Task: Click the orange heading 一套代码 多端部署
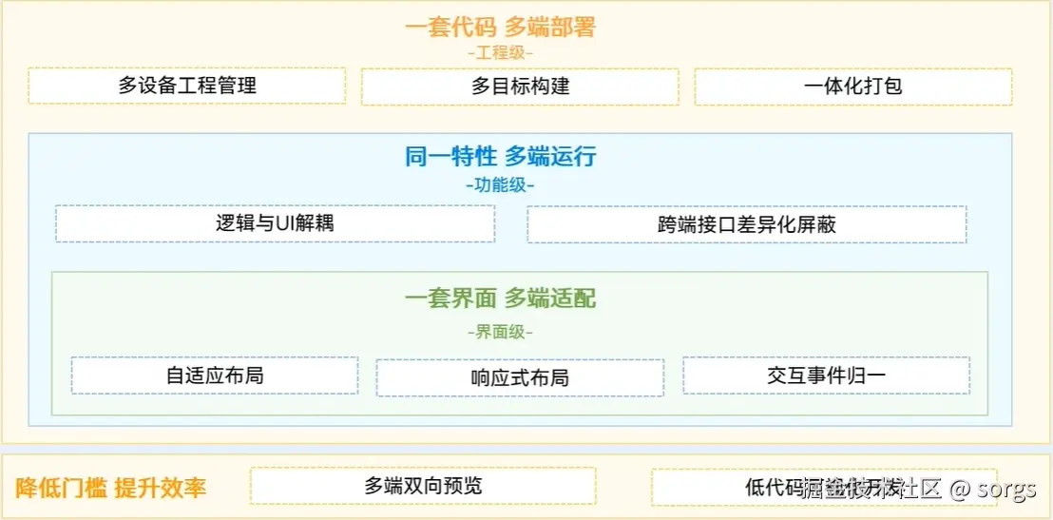tap(500, 27)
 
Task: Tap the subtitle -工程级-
tap(500, 53)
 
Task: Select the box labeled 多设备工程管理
tap(187, 86)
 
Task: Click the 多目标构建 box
tap(520, 87)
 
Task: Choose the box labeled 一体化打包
tap(852, 87)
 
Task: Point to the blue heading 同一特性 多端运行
tap(500, 157)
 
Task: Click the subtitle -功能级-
tap(500, 184)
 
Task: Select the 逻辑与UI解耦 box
tap(275, 224)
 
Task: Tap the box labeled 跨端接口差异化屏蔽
tap(746, 225)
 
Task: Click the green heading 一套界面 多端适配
tap(500, 299)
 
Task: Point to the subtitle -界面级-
tap(500, 332)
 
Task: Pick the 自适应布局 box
tap(215, 376)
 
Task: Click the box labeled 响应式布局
tap(520, 377)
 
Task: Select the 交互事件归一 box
tap(826, 376)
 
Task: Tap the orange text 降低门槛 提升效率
tap(111, 489)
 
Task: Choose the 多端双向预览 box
tap(423, 486)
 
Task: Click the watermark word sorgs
tap(1007, 490)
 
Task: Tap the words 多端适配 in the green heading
tap(550, 299)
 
